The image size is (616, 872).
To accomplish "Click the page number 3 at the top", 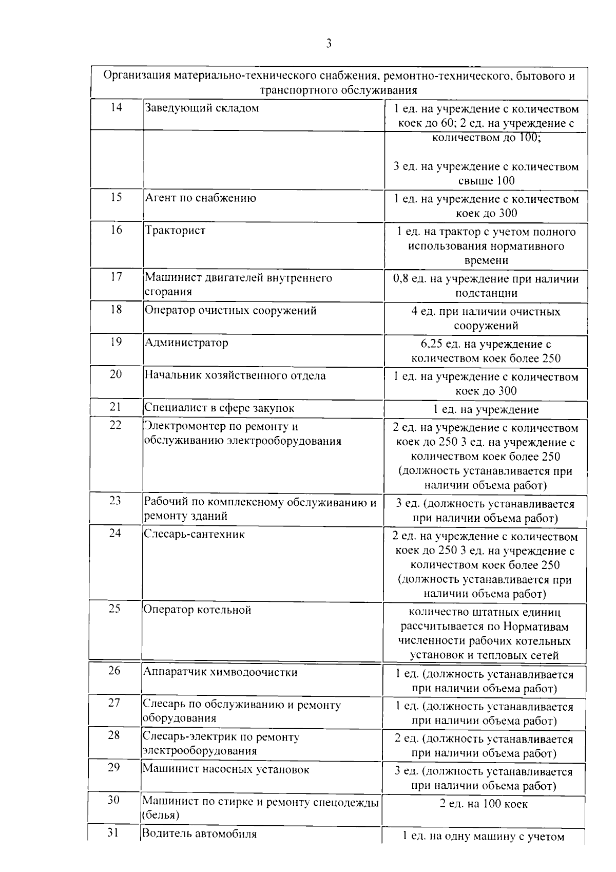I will [329, 43].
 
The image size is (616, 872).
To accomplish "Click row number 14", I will [117, 108].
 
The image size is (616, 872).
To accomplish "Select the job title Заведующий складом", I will [202, 108].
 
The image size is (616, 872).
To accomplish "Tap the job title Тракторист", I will [175, 230].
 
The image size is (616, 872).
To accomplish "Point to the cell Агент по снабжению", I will [200, 198].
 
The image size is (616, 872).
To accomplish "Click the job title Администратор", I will [186, 343].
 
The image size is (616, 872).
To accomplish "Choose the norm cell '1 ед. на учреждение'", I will [486, 409].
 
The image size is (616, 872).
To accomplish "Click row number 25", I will [114, 609].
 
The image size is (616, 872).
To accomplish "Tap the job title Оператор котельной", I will [197, 610].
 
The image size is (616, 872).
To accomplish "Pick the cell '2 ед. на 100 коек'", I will [484, 804].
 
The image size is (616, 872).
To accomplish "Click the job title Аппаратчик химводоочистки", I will [220, 672].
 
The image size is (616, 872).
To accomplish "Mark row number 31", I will [113, 832].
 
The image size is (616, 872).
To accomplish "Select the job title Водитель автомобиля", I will [199, 833].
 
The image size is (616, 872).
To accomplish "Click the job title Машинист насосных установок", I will [226, 769].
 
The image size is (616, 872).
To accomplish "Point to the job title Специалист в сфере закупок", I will [219, 408].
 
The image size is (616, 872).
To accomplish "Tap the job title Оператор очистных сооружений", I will [230, 310].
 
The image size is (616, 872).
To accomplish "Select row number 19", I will [116, 342].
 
